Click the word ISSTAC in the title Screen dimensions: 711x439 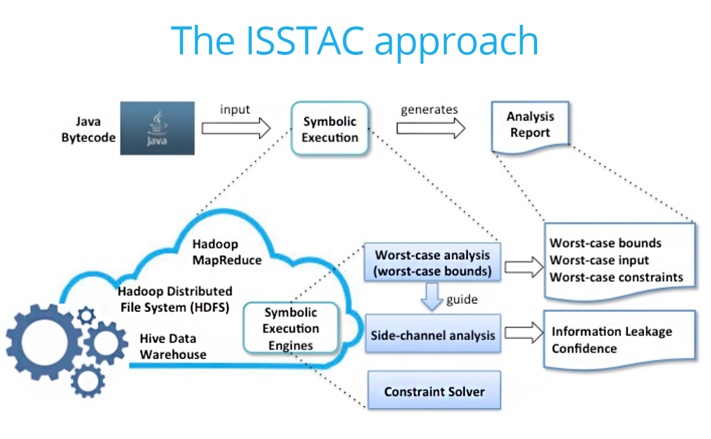tap(305, 41)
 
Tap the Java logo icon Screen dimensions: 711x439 tap(157, 128)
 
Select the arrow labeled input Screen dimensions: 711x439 tap(236, 128)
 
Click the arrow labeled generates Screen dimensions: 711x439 tap(431, 128)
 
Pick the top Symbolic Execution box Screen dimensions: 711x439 tap(330, 128)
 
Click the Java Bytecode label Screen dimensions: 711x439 tap(88, 129)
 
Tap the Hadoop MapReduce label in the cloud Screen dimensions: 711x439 tap(227, 252)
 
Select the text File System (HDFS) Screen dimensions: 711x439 tap(175, 308)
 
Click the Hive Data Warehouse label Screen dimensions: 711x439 tap(173, 346)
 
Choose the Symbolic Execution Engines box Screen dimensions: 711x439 tap(291, 328)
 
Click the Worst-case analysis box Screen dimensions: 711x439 tap(432, 262)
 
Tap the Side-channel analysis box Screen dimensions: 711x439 tap(433, 333)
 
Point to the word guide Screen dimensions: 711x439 tap(462, 300)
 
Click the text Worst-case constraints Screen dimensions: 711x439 tap(616, 277)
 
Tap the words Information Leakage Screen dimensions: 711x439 tap(612, 331)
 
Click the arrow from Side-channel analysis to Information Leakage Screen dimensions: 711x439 tap(524, 332)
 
